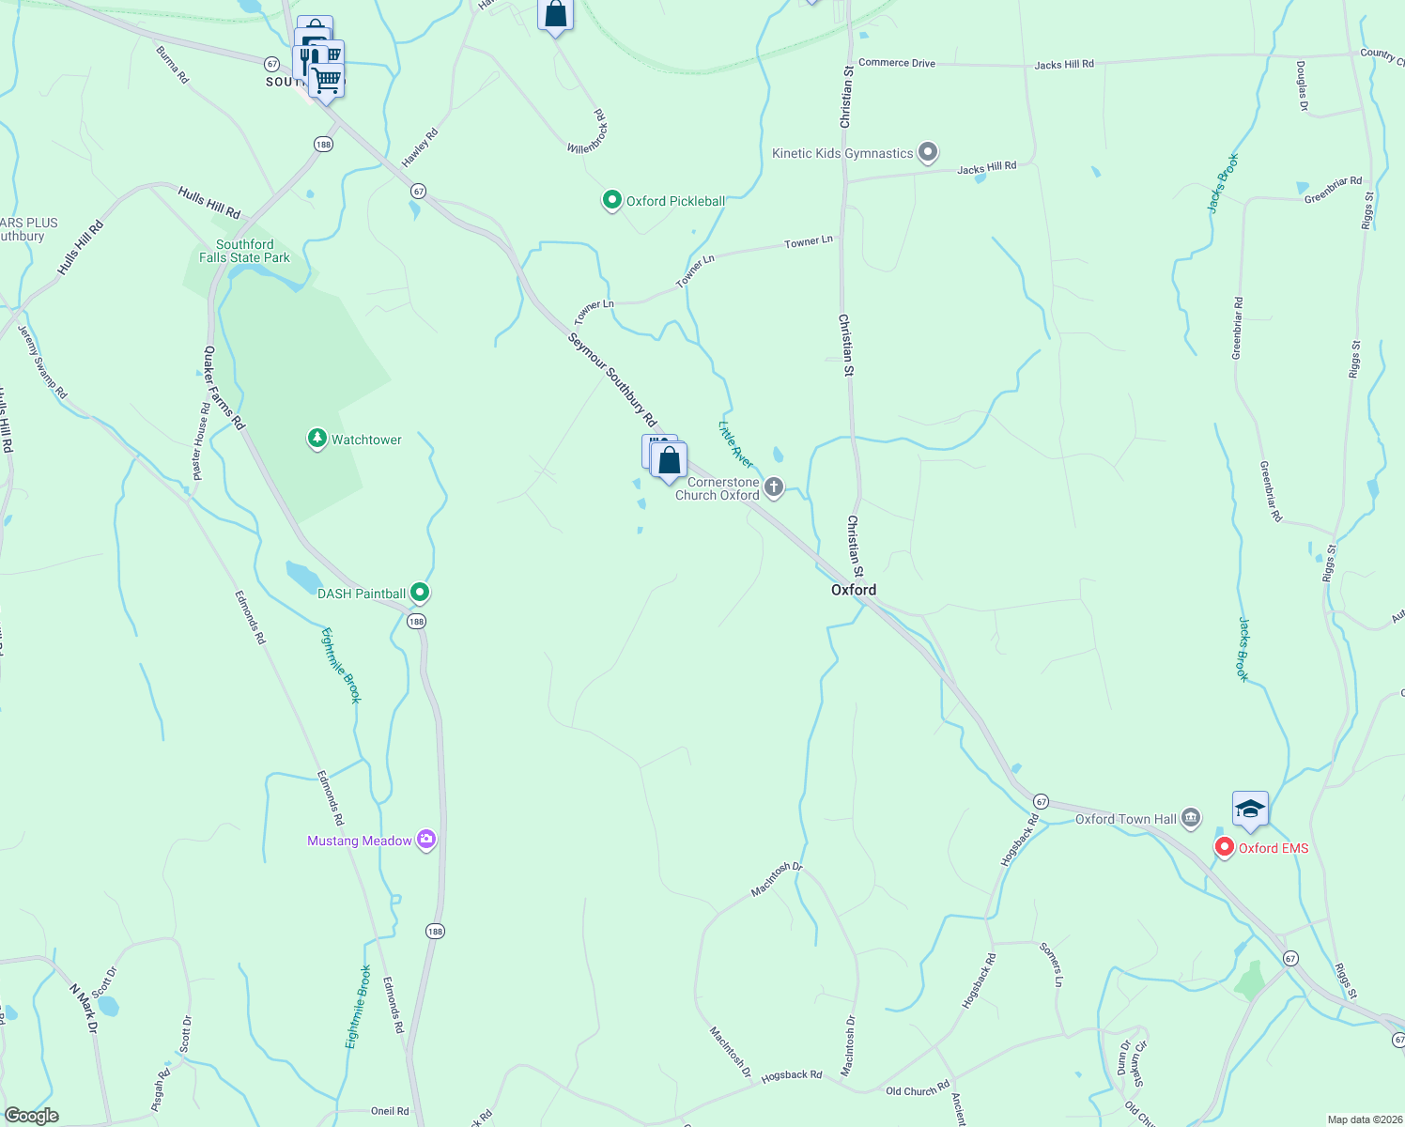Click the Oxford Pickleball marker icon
tap(612, 200)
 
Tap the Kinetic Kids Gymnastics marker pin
tap(928, 151)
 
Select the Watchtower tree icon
tap(317, 439)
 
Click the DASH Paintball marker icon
tap(420, 593)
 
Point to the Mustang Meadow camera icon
tap(426, 839)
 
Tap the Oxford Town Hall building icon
tap(1191, 818)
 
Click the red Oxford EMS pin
tap(1225, 847)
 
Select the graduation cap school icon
tap(1250, 810)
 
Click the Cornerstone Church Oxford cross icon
tap(774, 486)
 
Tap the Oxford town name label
tap(854, 590)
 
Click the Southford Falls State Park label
tap(244, 251)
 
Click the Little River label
tap(735, 444)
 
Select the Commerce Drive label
tap(897, 63)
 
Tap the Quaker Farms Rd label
tap(224, 388)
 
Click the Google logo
tap(32, 1115)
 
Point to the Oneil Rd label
tap(390, 1111)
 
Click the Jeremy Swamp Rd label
tap(43, 362)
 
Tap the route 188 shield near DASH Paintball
tap(416, 621)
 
